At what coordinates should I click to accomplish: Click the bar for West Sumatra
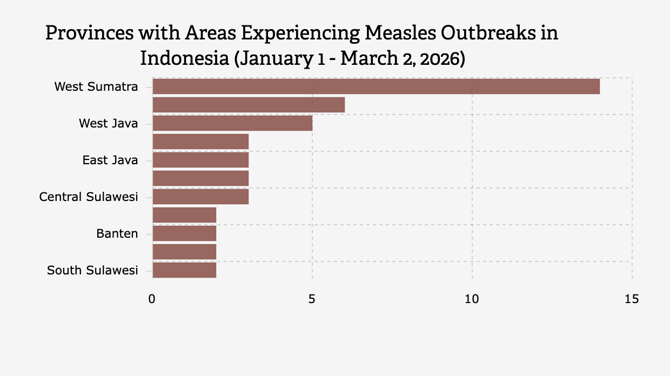pyautogui.click(x=376, y=86)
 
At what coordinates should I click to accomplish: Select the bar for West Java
pyautogui.click(x=232, y=123)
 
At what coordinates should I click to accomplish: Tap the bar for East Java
pyautogui.click(x=200, y=160)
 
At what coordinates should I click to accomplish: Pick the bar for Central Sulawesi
pyautogui.click(x=200, y=197)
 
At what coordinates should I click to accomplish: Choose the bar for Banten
pyautogui.click(x=184, y=233)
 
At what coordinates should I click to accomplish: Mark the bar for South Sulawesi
pyautogui.click(x=184, y=270)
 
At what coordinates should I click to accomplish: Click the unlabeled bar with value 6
pyautogui.click(x=249, y=105)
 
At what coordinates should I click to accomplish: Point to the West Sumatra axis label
pyautogui.click(x=96, y=86)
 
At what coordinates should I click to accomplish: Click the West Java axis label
pyautogui.click(x=108, y=123)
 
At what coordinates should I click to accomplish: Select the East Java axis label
pyautogui.click(x=110, y=160)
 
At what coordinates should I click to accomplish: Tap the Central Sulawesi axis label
pyautogui.click(x=89, y=197)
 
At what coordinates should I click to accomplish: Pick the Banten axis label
pyautogui.click(x=117, y=233)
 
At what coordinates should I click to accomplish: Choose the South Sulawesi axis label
pyautogui.click(x=92, y=270)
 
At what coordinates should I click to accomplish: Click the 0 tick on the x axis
pyautogui.click(x=152, y=299)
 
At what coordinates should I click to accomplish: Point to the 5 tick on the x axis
pyautogui.click(x=312, y=299)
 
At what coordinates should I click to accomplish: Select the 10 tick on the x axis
pyautogui.click(x=472, y=299)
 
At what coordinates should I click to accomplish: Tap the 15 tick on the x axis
pyautogui.click(x=632, y=299)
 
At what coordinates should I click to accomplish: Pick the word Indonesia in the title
pyautogui.click(x=184, y=58)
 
